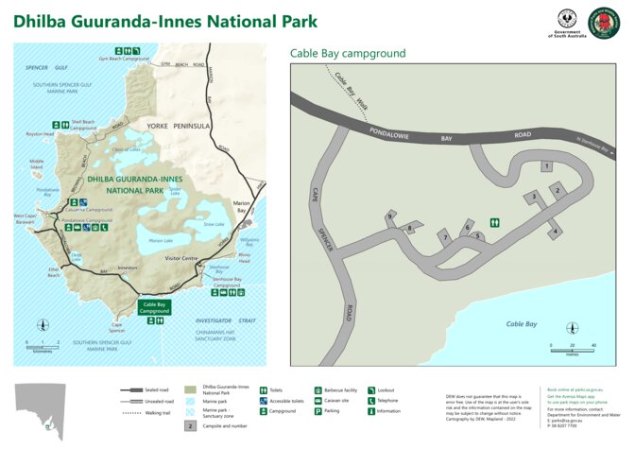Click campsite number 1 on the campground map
coord(547,166)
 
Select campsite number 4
coord(556,231)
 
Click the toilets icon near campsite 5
coord(494,223)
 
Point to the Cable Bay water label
coord(521,324)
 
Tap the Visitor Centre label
coord(181,258)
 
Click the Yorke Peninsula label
coord(178,126)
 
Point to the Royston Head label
coord(40,134)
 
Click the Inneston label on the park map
coord(128,268)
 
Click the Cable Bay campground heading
coord(348,54)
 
